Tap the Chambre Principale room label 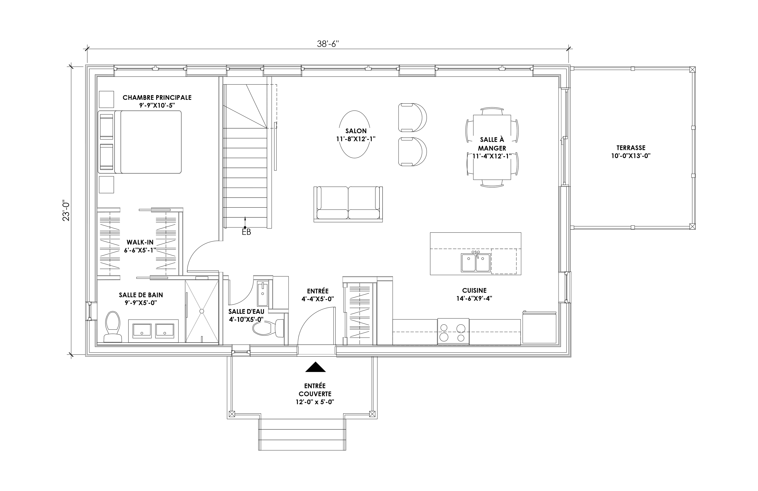(x=157, y=98)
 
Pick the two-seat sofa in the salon (x=348, y=204)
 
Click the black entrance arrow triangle (x=315, y=367)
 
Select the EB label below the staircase (x=246, y=232)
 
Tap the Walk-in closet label (x=140, y=242)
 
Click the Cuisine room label (x=474, y=290)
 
